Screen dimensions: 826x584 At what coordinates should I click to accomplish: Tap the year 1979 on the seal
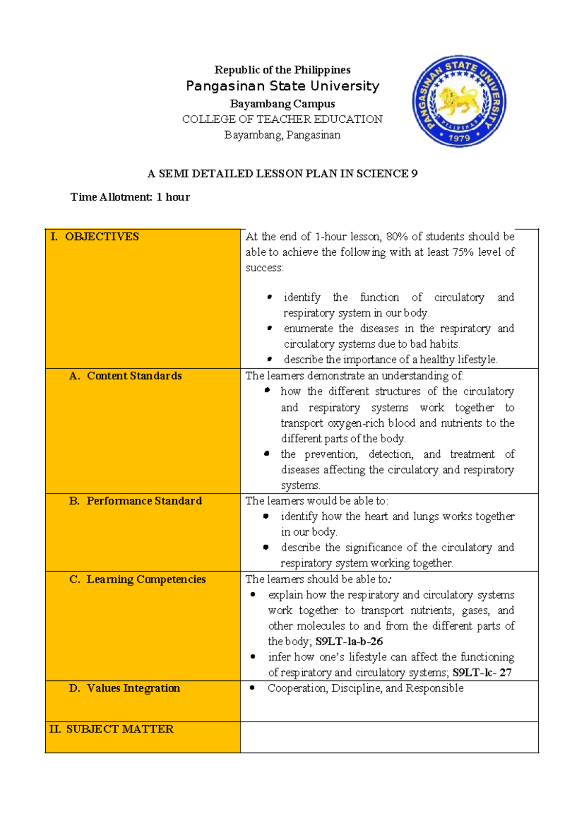click(x=459, y=138)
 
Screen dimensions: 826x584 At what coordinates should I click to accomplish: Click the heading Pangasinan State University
click(x=282, y=86)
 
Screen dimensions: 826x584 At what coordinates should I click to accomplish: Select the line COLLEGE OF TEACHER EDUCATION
click(x=282, y=119)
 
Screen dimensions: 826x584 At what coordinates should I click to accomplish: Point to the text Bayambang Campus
click(x=282, y=104)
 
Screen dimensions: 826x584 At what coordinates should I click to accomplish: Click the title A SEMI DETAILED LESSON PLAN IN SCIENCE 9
click(x=282, y=174)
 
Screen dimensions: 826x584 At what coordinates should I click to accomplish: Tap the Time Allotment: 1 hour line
click(x=130, y=197)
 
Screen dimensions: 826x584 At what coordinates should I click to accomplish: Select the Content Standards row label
click(x=134, y=376)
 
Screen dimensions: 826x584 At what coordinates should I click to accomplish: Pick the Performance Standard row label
click(x=144, y=501)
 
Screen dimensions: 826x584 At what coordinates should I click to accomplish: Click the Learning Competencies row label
click(x=146, y=580)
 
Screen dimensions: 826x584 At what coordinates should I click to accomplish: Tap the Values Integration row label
click(x=133, y=688)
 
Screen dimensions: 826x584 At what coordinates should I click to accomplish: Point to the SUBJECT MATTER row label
click(x=119, y=729)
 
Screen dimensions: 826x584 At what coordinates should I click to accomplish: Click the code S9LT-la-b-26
click(x=349, y=641)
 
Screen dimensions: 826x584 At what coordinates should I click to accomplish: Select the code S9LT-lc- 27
click(x=482, y=673)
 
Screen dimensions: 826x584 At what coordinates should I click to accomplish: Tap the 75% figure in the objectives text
click(x=463, y=252)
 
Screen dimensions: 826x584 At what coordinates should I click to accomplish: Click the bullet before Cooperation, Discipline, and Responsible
click(x=252, y=688)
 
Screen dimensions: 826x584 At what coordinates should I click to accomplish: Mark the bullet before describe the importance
click(x=269, y=359)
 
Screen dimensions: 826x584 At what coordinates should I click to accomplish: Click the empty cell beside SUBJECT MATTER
click(x=389, y=737)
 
